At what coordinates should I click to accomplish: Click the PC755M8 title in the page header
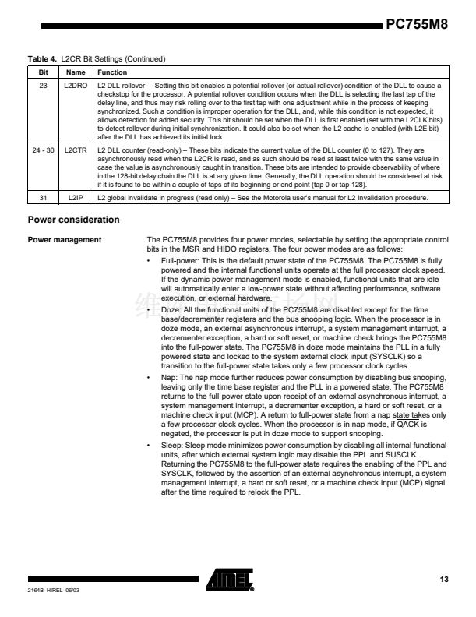tap(417, 24)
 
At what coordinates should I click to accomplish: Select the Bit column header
tap(43, 72)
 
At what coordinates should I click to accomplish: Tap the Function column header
tap(111, 72)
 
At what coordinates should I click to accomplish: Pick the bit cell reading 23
tap(43, 85)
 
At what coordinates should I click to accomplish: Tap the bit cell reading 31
tap(43, 199)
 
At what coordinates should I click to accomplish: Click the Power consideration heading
tap(73, 220)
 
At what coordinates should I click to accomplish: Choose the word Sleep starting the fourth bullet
tap(171, 445)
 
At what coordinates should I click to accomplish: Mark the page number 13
tap(444, 579)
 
